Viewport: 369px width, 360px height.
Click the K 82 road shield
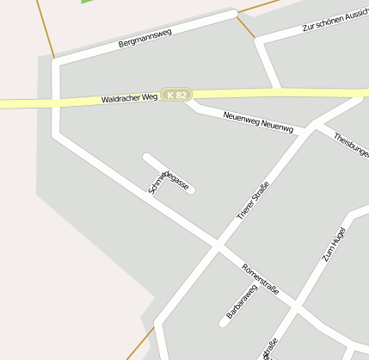[x=175, y=95]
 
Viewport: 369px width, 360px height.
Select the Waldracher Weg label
[x=130, y=99]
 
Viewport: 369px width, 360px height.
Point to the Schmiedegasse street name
[x=168, y=175]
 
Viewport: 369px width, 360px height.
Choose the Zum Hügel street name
[x=333, y=244]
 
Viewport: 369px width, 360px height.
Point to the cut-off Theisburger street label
[x=351, y=145]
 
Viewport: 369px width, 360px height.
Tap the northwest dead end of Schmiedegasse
[x=147, y=158]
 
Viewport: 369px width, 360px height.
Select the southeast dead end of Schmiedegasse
[x=190, y=189]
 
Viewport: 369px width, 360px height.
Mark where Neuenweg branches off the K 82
[x=191, y=101]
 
